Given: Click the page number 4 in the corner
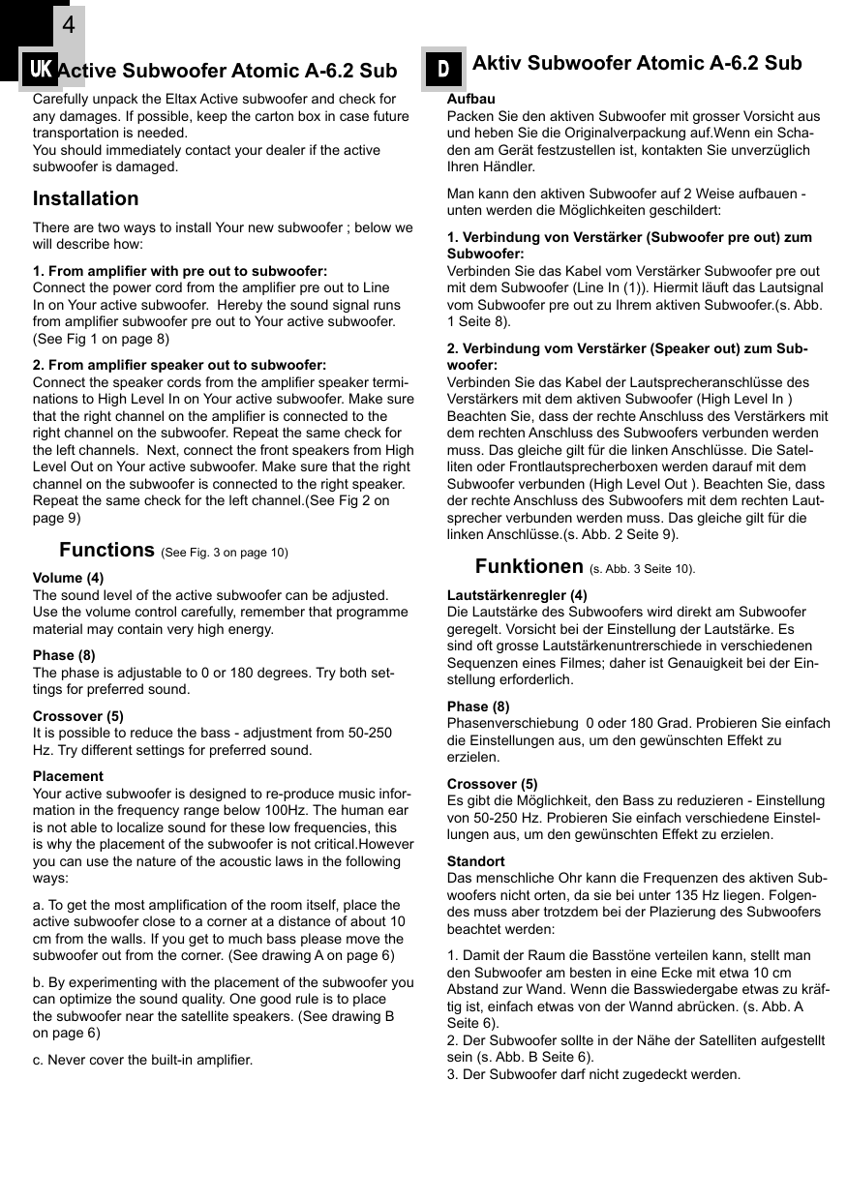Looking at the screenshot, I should pyautogui.click(x=68, y=25).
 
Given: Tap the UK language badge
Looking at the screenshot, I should pyautogui.click(x=41, y=70).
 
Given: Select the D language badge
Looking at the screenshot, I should pyautogui.click(x=443, y=69).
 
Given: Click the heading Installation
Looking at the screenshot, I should pyautogui.click(x=85, y=198).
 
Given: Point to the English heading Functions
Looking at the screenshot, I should pyautogui.click(x=106, y=550).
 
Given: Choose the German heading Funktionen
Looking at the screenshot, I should pyautogui.click(x=529, y=566).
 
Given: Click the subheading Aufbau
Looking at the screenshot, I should pyautogui.click(x=470, y=99).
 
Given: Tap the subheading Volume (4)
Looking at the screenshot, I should pyautogui.click(x=68, y=578).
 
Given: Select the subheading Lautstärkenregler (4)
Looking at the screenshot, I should pyautogui.click(x=517, y=595).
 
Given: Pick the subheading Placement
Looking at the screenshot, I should pyautogui.click(x=68, y=776).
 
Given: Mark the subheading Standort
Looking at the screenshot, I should pyautogui.click(x=475, y=860).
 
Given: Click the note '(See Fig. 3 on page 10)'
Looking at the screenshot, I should pyautogui.click(x=225, y=553).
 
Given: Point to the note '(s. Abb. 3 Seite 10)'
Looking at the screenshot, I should pyautogui.click(x=642, y=569).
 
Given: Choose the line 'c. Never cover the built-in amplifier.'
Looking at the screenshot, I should pyautogui.click(x=142, y=1060).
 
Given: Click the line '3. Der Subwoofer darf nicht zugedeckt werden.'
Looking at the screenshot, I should pyautogui.click(x=593, y=1074).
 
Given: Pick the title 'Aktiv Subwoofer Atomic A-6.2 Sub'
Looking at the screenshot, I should pyautogui.click(x=636, y=64).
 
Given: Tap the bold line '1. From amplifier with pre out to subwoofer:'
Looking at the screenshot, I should pyautogui.click(x=180, y=271).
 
